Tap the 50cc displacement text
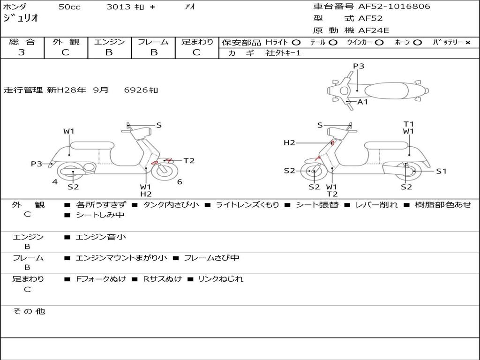coord(69,7)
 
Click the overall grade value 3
coord(22,52)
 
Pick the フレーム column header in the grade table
coord(153,42)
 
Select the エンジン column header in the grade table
coord(109,42)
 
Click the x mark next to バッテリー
coord(467,42)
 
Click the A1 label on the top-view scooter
coord(363,102)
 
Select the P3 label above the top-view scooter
coord(359,66)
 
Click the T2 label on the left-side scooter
coord(189,161)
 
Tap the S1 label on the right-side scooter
coord(441,171)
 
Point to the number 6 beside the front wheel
coord(180,182)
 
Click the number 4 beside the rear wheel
coord(55,182)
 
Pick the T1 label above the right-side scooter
coord(409,124)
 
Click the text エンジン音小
coord(101,237)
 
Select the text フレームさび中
coord(211,258)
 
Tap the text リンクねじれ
coord(220,279)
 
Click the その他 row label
coord(29,311)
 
